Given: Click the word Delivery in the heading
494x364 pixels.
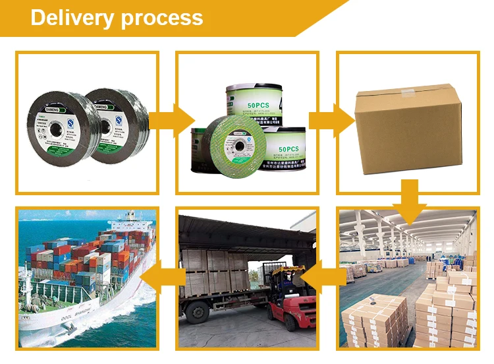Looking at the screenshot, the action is point(71,17).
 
